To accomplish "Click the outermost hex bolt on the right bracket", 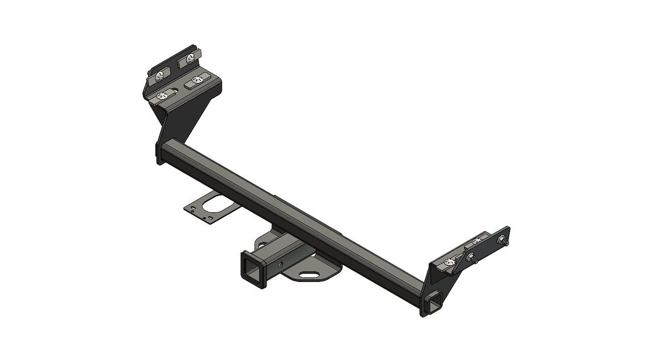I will point(502,240).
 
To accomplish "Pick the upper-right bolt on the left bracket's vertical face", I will point(190,59).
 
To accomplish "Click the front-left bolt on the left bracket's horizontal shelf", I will point(163,95).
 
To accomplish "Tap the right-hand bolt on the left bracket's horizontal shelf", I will point(195,79).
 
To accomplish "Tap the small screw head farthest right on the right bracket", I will point(477,241).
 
